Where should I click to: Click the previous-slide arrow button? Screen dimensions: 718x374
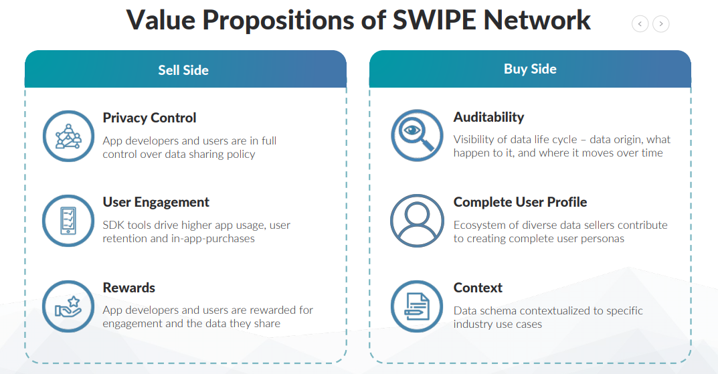(640, 24)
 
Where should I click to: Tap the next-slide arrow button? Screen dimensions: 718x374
(660, 24)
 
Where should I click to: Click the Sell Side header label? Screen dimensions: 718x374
(183, 70)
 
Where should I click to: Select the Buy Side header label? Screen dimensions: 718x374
(530, 69)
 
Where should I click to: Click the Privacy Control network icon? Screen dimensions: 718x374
(68, 136)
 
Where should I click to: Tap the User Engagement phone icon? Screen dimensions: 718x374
(68, 221)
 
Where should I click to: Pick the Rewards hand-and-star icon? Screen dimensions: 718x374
(68, 306)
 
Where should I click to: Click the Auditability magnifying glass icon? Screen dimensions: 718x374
(417, 136)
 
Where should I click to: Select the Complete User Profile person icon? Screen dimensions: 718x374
(417, 221)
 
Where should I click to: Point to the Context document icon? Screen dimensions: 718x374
(417, 306)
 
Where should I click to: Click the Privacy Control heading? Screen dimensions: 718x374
(149, 118)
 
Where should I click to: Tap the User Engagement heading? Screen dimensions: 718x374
(156, 202)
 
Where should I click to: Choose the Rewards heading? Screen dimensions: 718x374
(128, 288)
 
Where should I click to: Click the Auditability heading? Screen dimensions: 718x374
(488, 117)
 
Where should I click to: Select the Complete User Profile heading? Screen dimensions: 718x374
(520, 202)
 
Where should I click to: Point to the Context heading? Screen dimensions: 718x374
(478, 288)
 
